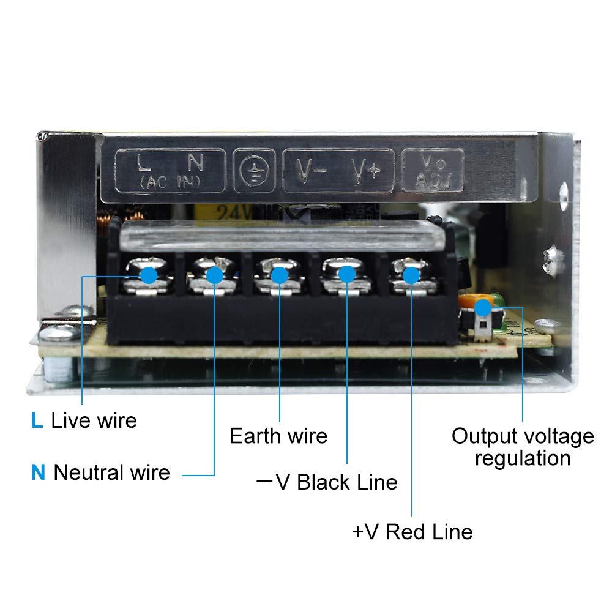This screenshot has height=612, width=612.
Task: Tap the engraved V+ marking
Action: tap(365, 172)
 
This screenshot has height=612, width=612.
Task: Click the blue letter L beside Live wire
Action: tap(37, 420)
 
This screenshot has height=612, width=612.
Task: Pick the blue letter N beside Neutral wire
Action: tap(39, 472)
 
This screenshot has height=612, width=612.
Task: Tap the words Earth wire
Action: tap(278, 436)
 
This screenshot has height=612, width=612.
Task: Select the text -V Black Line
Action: tap(327, 482)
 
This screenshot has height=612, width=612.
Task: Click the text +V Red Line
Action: tap(412, 531)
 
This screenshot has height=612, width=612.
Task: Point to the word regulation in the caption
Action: tap(523, 458)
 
